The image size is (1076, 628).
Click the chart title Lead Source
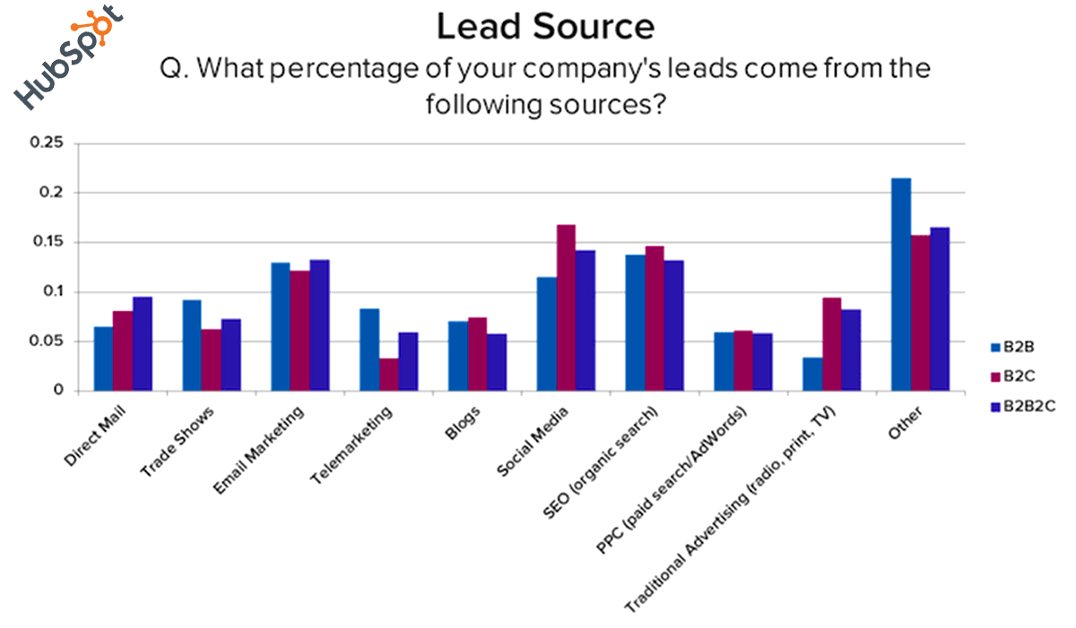point(545,27)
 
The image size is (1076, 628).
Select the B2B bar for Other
point(900,284)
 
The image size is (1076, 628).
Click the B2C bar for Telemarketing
point(388,374)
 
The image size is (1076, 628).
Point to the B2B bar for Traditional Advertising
point(812,374)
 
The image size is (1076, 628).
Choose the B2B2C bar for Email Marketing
point(319,325)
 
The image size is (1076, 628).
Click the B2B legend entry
point(1018,345)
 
